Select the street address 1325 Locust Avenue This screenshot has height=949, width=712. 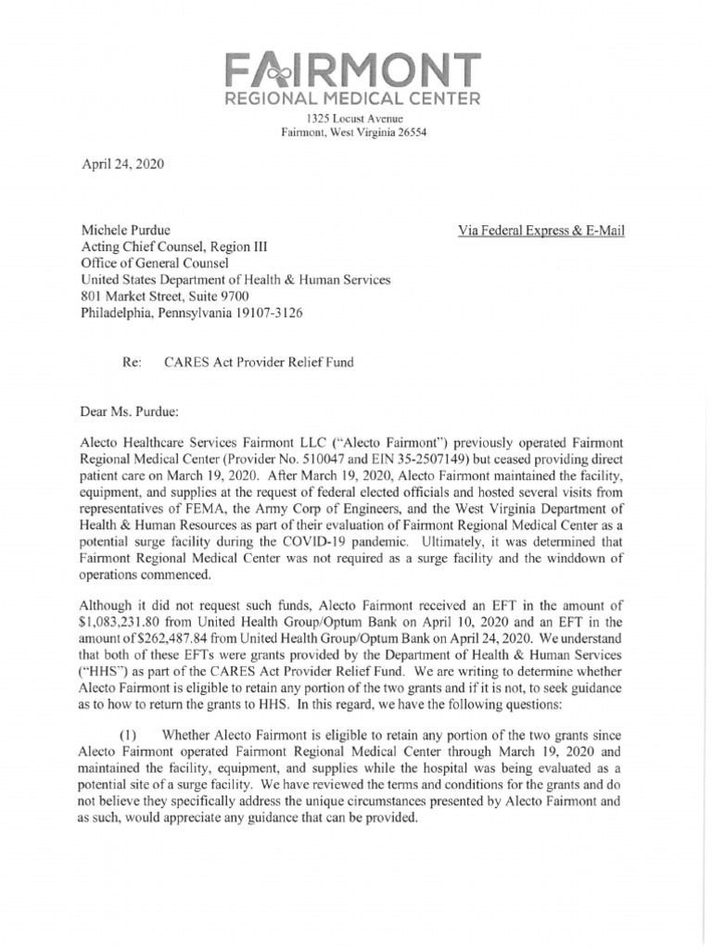[355, 119]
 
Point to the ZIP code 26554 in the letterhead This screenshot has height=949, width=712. [408, 133]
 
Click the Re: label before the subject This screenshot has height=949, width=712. [131, 362]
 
